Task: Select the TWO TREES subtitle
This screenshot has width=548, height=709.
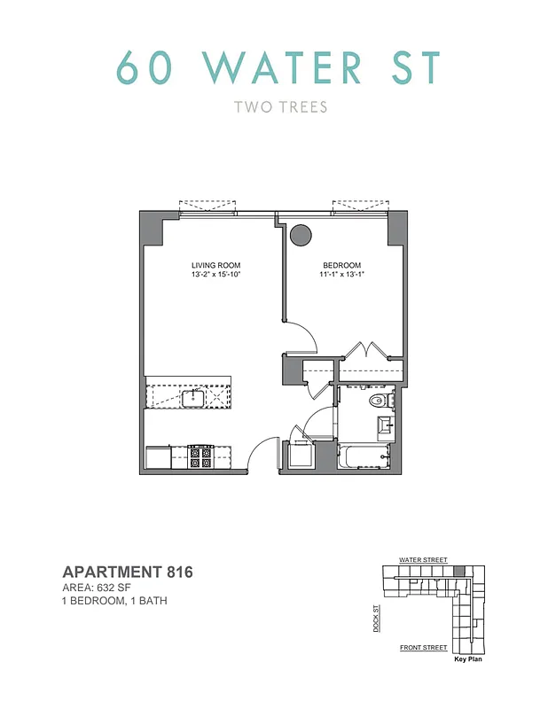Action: [280, 107]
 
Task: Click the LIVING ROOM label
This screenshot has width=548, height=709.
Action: [215, 266]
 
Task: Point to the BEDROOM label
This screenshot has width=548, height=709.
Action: [342, 266]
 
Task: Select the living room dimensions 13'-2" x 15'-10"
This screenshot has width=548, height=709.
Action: [215, 275]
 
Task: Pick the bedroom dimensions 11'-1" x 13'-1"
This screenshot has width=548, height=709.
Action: [342, 275]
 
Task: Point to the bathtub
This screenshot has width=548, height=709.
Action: [362, 457]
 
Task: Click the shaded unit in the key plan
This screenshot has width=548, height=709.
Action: [458, 572]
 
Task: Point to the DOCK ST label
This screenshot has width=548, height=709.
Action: [376, 619]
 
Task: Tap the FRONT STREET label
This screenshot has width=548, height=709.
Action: [423, 648]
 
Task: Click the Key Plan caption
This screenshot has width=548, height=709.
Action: [468, 659]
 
